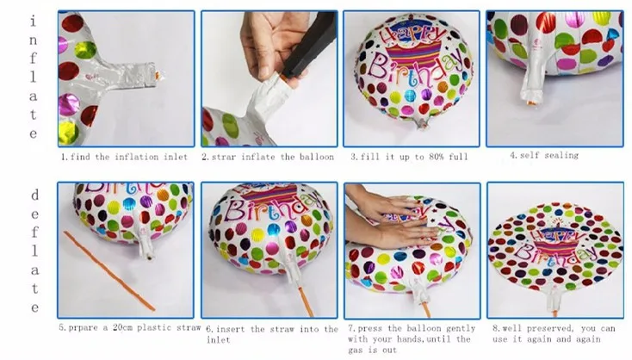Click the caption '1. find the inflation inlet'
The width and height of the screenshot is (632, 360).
pyautogui.click(x=125, y=157)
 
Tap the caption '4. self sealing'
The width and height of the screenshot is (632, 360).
pyautogui.click(x=544, y=155)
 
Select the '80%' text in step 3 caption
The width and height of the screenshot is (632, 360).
pyautogui.click(x=436, y=157)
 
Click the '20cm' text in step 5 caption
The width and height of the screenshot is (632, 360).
pyautogui.click(x=122, y=327)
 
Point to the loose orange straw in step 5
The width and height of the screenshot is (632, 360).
pyautogui.click(x=108, y=271)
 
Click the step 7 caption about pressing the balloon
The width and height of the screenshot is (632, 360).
pyautogui.click(x=412, y=339)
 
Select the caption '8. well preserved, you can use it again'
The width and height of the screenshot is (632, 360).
pyautogui.click(x=554, y=334)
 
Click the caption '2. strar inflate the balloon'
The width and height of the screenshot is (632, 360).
pyautogui.click(x=268, y=157)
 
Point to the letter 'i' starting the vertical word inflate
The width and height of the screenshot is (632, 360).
pyautogui.click(x=33, y=21)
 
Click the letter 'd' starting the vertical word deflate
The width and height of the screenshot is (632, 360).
pyautogui.click(x=34, y=196)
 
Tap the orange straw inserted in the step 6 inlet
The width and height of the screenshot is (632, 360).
pyautogui.click(x=306, y=301)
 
